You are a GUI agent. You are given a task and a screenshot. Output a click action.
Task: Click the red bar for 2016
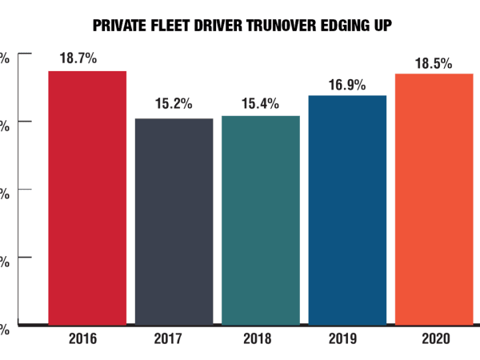87,198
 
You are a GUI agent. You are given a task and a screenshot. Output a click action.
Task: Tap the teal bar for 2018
261,220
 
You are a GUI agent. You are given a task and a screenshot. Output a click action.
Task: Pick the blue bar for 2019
347,210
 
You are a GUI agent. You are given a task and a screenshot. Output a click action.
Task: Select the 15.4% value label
261,103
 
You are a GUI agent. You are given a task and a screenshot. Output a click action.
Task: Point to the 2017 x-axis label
174,339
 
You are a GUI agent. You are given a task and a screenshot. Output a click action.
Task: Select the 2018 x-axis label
261,339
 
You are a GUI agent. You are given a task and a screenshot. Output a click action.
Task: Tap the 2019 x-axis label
347,339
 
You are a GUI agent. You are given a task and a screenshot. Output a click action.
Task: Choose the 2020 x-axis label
433,339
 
